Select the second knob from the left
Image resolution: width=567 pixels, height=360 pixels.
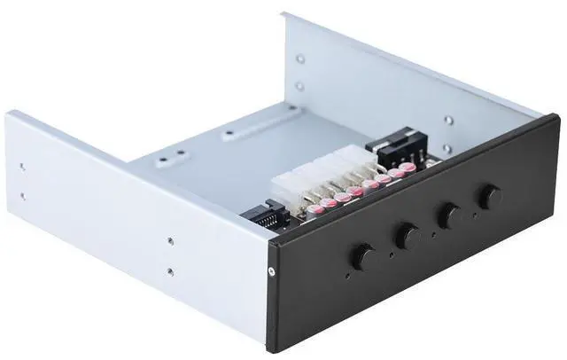[x=408, y=236]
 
